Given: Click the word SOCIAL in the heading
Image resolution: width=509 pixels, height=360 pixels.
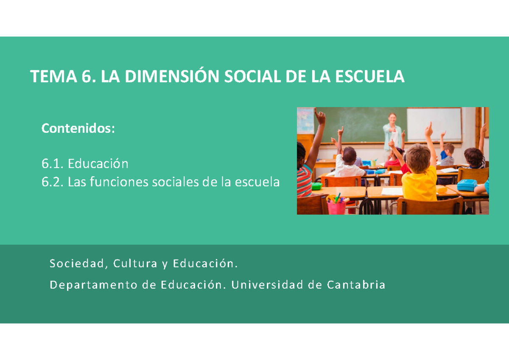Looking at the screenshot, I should point(251,77).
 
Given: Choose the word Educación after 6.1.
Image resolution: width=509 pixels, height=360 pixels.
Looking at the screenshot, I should point(98,163).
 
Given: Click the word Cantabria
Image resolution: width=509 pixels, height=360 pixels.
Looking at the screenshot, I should point(356,285).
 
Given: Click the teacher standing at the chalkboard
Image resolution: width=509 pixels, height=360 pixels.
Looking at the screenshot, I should point(392,134).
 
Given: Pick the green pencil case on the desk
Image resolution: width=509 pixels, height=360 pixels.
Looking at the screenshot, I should point(316,185).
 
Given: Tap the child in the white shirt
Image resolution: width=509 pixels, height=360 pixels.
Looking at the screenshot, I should point(349,163).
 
